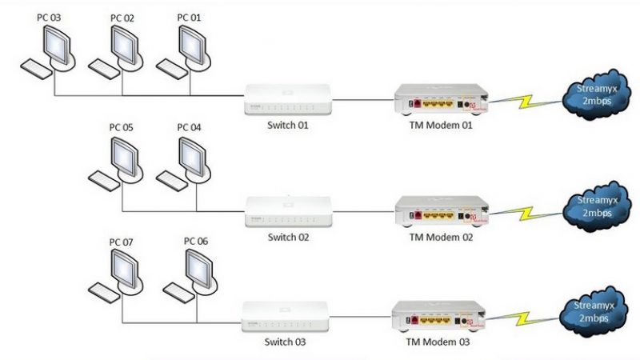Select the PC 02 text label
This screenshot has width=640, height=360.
coord(122,17)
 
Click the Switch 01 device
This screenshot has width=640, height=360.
coord(287,99)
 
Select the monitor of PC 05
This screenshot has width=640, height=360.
coord(125,153)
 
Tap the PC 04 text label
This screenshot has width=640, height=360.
coord(189,127)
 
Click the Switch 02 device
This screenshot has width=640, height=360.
coord(287,212)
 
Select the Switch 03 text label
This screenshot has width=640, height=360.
coord(286,342)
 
